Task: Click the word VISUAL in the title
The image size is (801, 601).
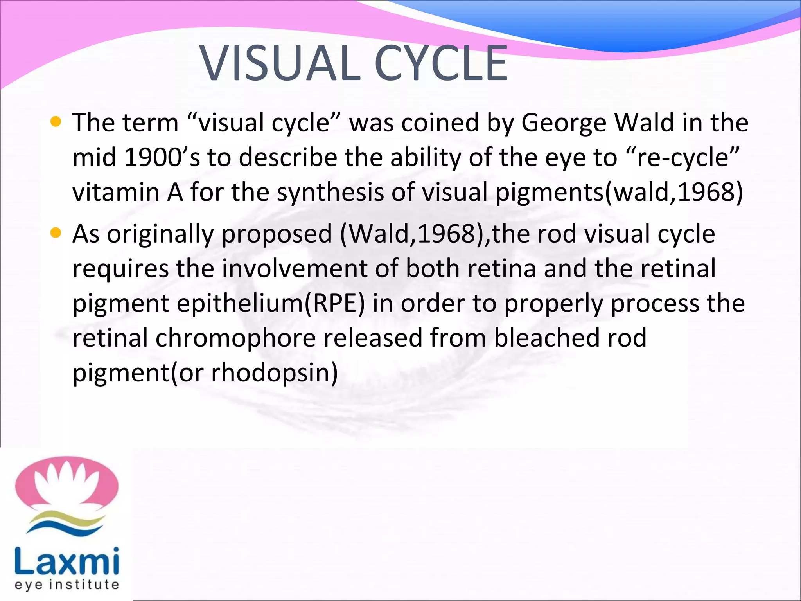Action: click(x=280, y=63)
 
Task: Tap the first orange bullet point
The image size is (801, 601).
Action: click(x=56, y=122)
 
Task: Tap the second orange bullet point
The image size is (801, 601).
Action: click(x=56, y=234)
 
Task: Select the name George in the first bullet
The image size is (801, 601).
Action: click(x=564, y=123)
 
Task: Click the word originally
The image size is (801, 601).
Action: click(x=160, y=234)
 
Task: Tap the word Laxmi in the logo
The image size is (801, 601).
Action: click(x=66, y=561)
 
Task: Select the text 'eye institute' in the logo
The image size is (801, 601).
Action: click(x=66, y=585)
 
